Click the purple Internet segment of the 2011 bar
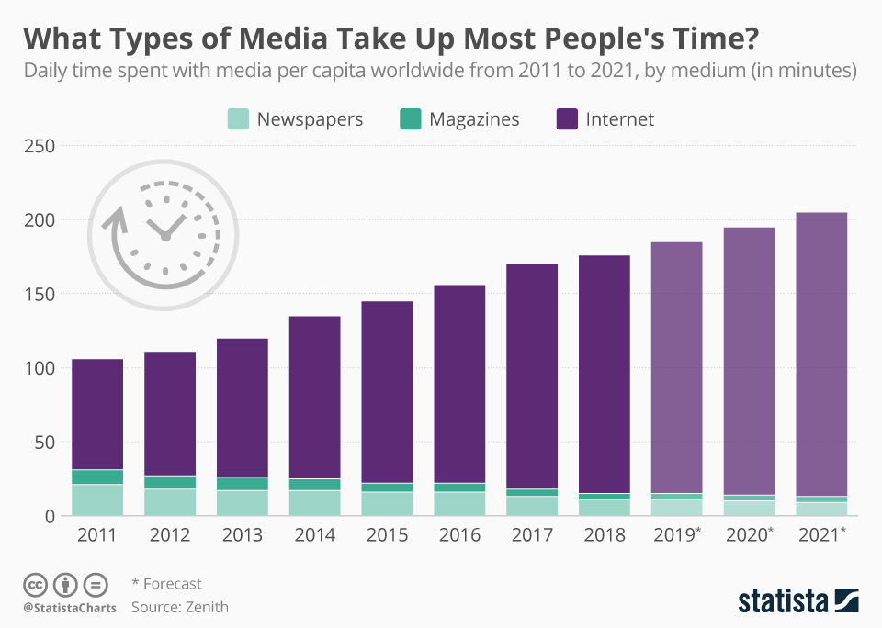(x=97, y=413)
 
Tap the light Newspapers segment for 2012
(x=170, y=502)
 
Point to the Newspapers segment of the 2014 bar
(x=314, y=503)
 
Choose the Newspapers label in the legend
(x=310, y=119)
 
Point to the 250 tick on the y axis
(x=38, y=146)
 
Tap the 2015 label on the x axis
(x=387, y=534)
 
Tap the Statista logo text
(x=782, y=601)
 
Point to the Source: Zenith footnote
(x=180, y=607)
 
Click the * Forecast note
(x=166, y=584)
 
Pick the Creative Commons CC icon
(x=36, y=584)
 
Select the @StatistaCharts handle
(x=70, y=608)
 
